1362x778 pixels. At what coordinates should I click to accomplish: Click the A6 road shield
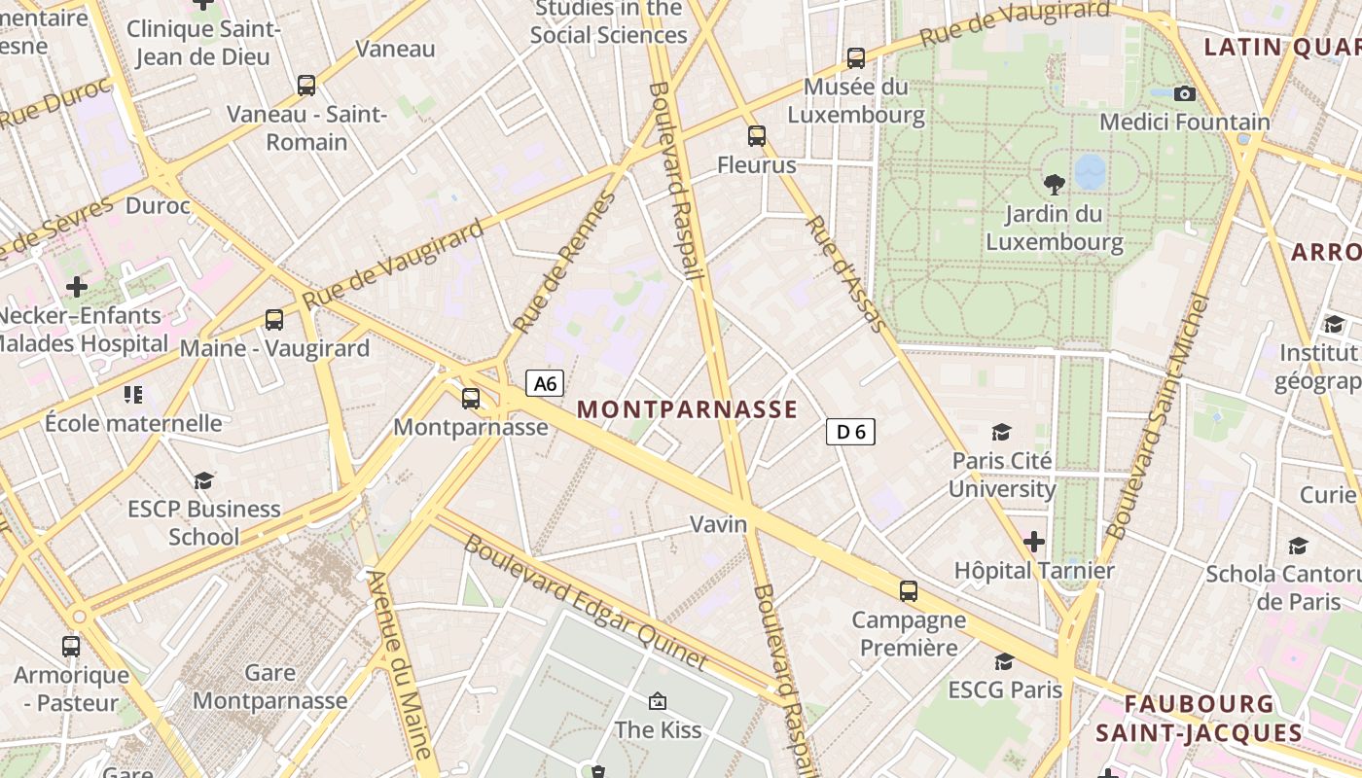coord(545,383)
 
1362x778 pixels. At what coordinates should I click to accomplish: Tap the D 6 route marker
coord(850,432)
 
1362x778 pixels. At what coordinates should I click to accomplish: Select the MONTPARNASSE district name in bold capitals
coord(688,409)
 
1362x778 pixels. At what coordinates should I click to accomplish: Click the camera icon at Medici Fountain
coord(1184,93)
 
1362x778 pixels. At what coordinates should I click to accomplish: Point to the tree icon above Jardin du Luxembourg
coord(1054,184)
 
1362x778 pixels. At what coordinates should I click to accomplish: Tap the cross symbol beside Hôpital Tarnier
coord(1033,541)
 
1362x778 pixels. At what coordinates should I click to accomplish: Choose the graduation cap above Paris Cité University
coord(1001,432)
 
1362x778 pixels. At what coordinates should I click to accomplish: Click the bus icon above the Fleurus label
coord(756,136)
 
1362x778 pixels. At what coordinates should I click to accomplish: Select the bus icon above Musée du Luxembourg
coord(855,58)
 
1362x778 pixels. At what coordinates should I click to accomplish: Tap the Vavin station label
coord(719,524)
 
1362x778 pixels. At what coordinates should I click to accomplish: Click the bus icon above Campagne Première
coord(908,590)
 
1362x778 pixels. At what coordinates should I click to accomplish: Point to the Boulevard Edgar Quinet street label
coord(586,603)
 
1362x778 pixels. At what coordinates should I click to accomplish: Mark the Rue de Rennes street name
coord(564,263)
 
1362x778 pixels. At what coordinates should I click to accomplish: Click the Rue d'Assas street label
coord(843,274)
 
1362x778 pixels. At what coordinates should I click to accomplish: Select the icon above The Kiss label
coord(658,701)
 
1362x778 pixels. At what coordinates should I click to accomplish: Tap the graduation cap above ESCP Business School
coord(203,480)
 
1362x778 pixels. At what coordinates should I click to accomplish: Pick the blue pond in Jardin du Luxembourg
coord(1090,171)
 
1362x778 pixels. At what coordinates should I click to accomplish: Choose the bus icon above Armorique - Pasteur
coord(71,646)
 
